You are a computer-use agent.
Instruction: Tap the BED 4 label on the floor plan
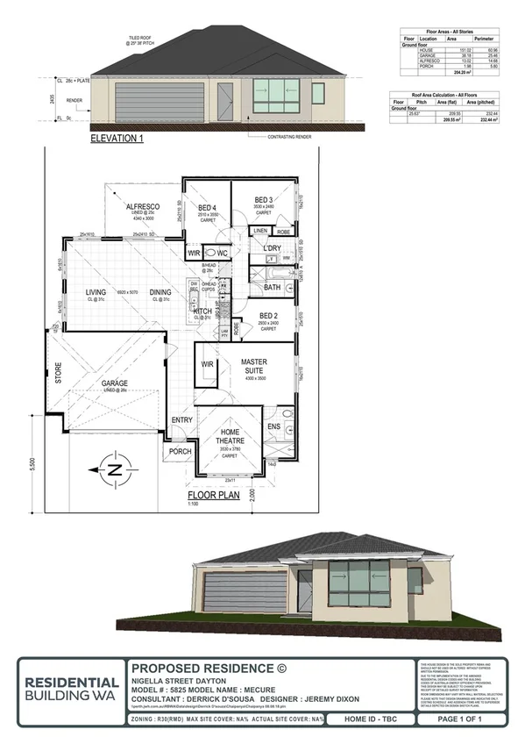207,206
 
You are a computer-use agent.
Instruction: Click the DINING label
160,294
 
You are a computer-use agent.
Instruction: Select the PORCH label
179,452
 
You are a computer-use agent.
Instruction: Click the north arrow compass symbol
113,469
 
